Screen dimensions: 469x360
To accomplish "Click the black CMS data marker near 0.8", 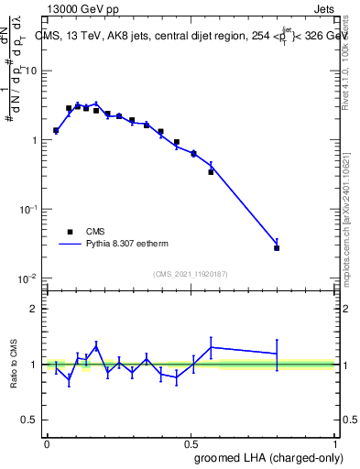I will (277, 247).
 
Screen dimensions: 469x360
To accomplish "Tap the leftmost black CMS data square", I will (56, 131).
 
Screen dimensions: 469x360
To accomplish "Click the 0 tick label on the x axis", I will (47, 443).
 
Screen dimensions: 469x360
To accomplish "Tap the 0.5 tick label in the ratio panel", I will (31, 420).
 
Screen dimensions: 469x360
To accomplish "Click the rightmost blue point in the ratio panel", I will (277, 354).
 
